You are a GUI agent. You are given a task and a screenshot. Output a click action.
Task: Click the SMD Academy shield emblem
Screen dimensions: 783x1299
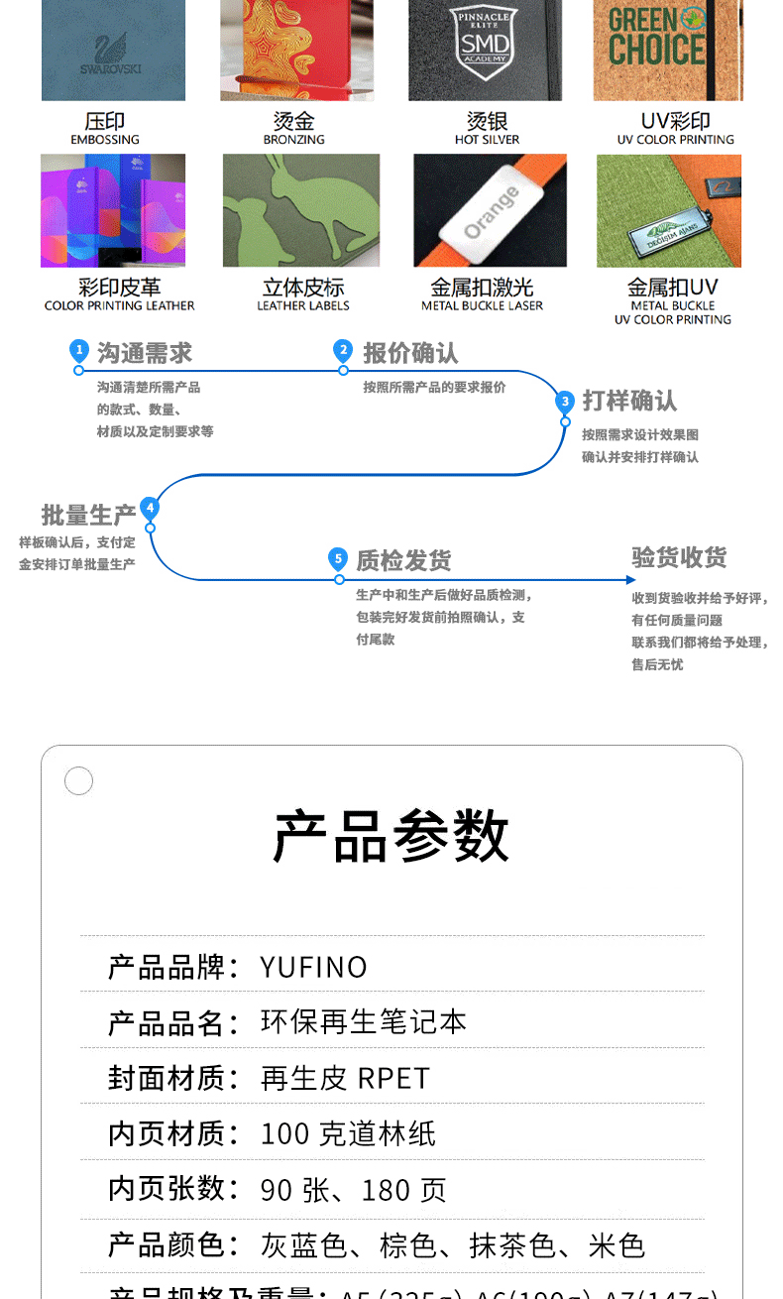[485, 40]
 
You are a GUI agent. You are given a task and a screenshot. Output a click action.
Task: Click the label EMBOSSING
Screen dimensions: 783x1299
[105, 140]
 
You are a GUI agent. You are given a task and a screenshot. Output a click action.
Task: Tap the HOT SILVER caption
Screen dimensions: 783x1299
[487, 140]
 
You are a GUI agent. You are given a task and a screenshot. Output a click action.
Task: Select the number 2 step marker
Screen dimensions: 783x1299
[343, 350]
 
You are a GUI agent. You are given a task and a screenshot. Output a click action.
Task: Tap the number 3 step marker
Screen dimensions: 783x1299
[565, 402]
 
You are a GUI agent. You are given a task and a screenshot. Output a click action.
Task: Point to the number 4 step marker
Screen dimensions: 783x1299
[150, 509]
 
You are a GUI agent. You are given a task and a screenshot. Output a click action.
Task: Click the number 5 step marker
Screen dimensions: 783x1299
[339, 559]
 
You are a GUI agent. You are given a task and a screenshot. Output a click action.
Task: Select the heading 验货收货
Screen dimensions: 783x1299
[679, 557]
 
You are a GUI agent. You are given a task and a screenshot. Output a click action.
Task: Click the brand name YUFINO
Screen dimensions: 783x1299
[313, 967]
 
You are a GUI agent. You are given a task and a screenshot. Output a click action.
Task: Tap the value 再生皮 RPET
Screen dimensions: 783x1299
[345, 1078]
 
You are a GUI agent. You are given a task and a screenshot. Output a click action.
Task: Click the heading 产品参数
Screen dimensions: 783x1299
[391, 836]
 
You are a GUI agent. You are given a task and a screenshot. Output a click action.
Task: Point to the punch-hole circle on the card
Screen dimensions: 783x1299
[78, 781]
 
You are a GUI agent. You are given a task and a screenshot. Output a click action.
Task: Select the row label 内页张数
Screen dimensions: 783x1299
[173, 1189]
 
